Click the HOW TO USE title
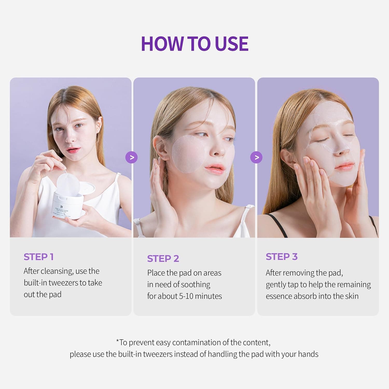195,44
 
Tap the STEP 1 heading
39,257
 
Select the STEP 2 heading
163,259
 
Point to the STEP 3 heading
281,256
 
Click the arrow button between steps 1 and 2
131,157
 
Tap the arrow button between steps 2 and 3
256,157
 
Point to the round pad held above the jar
68,184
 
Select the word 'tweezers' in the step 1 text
63,283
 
